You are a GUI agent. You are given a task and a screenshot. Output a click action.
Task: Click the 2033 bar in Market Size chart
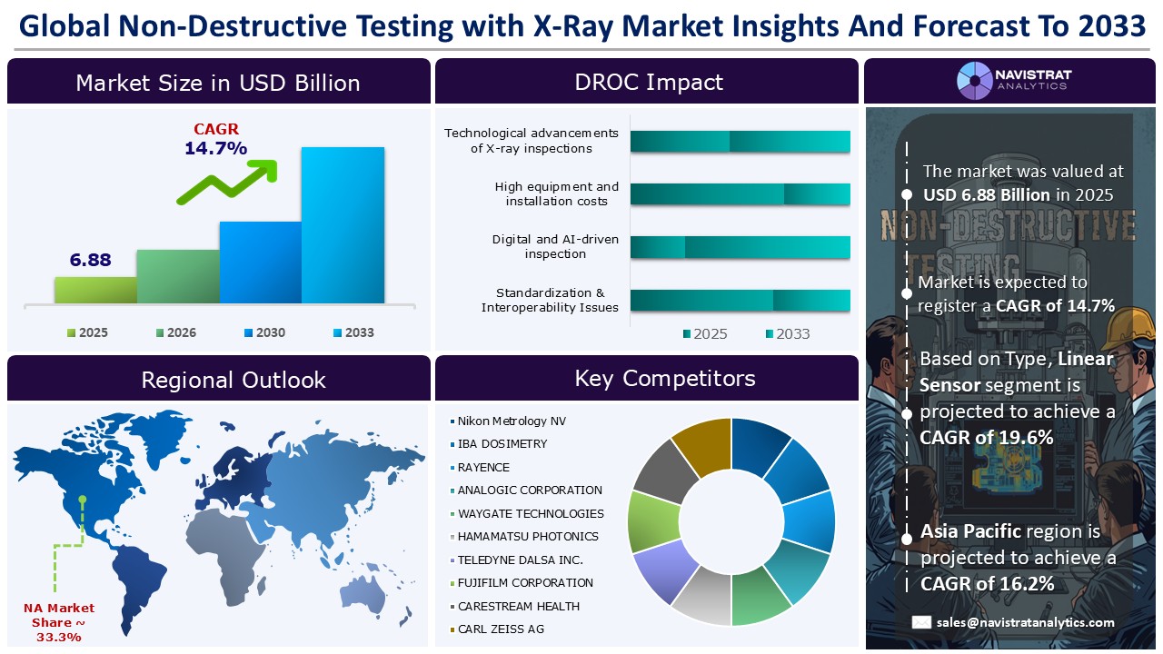[343, 224]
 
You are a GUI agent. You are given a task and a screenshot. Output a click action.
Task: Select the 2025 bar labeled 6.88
[95, 289]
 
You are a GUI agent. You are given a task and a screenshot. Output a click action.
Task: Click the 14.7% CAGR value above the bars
[215, 148]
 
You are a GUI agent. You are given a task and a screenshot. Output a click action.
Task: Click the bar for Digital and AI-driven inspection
[740, 247]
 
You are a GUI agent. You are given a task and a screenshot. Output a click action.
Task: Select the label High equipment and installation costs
[556, 193]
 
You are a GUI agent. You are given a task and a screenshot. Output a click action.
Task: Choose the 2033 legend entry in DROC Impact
[786, 333]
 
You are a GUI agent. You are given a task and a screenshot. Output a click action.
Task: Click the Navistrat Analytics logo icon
[975, 80]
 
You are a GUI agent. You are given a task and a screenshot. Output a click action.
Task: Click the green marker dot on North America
[83, 498]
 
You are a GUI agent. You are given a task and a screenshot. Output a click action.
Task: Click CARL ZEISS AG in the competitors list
[500, 629]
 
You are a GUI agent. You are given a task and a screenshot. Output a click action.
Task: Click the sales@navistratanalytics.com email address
[1025, 622]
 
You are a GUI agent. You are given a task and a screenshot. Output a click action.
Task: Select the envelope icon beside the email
[921, 622]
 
